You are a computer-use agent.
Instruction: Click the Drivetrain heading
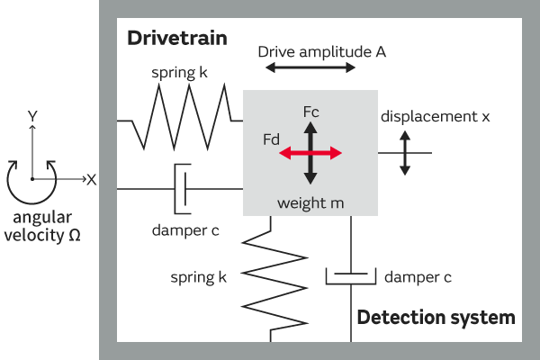pyautogui.click(x=176, y=39)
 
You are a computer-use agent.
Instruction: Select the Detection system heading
pyautogui.click(x=436, y=317)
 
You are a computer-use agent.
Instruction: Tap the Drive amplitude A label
pyautogui.click(x=321, y=52)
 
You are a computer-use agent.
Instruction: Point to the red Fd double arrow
pyautogui.click(x=310, y=154)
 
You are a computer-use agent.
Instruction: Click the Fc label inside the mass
pyautogui.click(x=311, y=112)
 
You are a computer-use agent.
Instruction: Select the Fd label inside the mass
pyautogui.click(x=271, y=140)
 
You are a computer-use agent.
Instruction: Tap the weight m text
pyautogui.click(x=310, y=203)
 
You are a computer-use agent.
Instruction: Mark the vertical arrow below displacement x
pyautogui.click(x=406, y=152)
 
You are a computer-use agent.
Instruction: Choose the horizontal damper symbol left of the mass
pyautogui.click(x=182, y=188)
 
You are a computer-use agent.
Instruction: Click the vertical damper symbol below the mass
pyautogui.click(x=350, y=275)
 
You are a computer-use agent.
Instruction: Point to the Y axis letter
pyautogui.click(x=32, y=116)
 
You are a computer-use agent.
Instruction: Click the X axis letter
pyautogui.click(x=91, y=179)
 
